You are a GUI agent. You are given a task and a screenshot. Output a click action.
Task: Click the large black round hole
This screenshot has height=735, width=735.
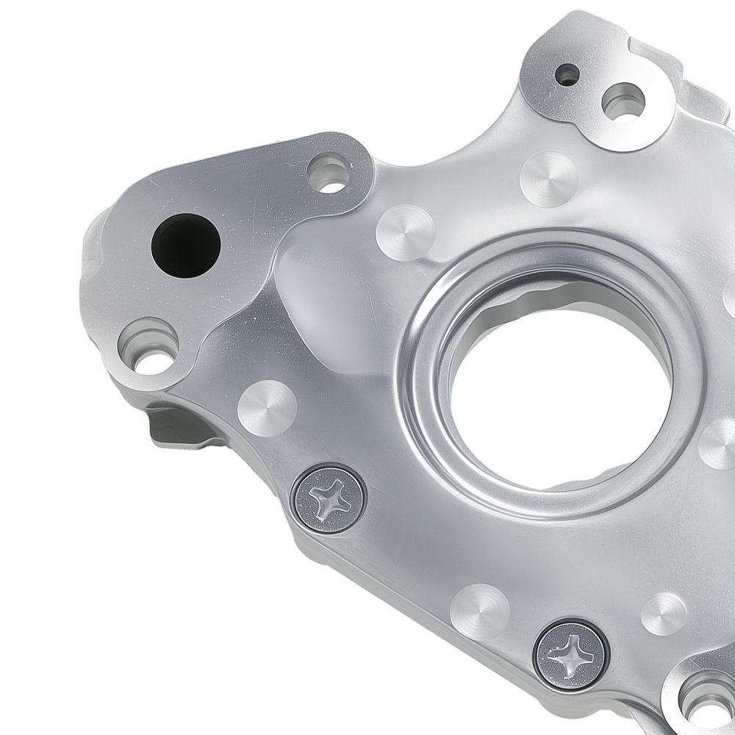pos(185,245)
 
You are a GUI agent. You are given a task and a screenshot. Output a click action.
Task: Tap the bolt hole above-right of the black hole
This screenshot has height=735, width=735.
pos(329,173)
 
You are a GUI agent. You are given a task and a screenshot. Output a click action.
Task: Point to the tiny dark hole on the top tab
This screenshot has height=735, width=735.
pos(567,73)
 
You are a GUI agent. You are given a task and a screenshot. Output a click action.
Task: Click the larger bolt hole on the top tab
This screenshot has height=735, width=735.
pos(623,101)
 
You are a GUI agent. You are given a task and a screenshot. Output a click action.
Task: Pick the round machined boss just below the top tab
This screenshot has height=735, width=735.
pos(548,179)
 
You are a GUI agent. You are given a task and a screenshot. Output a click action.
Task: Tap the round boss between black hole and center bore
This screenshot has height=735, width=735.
pos(405,232)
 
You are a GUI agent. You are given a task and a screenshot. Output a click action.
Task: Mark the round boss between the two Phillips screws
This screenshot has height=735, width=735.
pos(480,611)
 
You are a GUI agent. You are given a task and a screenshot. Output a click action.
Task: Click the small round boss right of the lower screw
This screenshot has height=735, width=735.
pos(664,614)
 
